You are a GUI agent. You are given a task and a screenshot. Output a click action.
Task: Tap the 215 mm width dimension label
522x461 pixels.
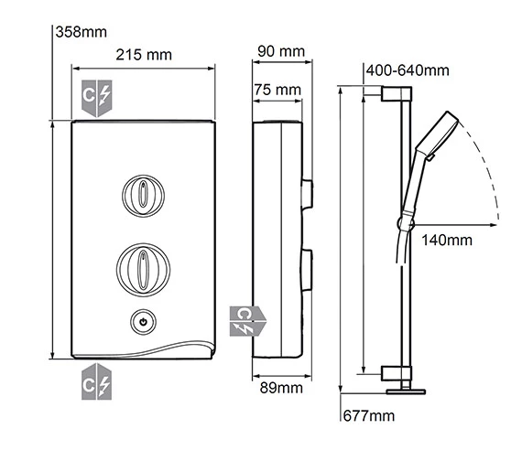[143, 56]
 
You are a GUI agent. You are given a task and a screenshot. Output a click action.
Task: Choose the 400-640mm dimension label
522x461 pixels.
[407, 70]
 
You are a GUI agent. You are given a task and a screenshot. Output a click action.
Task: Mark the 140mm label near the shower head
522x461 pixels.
[447, 241]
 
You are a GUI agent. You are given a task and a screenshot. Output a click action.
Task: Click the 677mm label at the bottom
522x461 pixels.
[367, 417]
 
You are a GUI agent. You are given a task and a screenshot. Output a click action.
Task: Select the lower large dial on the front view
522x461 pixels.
[143, 266]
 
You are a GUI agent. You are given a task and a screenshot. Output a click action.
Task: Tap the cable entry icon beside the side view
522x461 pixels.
[245, 320]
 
